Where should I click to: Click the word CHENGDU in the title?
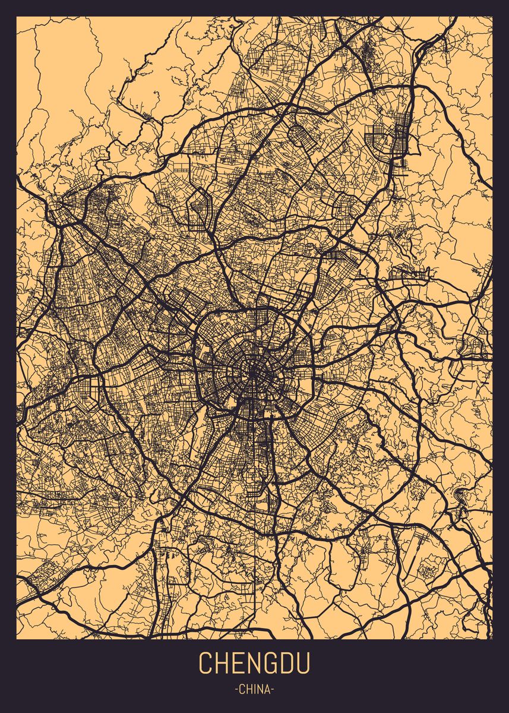tap(254, 663)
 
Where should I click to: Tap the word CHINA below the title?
tap(254, 690)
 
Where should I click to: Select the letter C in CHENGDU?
tap(206, 663)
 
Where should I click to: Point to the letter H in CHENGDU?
tap(222, 663)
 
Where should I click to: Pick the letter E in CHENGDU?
tap(238, 663)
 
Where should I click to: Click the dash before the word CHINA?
tap(236, 690)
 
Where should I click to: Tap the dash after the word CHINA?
tap(273, 690)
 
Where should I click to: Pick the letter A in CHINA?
tap(267, 690)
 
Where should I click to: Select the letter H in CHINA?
tap(249, 690)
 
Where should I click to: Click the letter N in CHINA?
tap(260, 690)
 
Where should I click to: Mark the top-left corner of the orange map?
tap(17, 17)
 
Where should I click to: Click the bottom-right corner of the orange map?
tap(492, 638)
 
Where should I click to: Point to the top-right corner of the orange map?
tap(492, 17)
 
